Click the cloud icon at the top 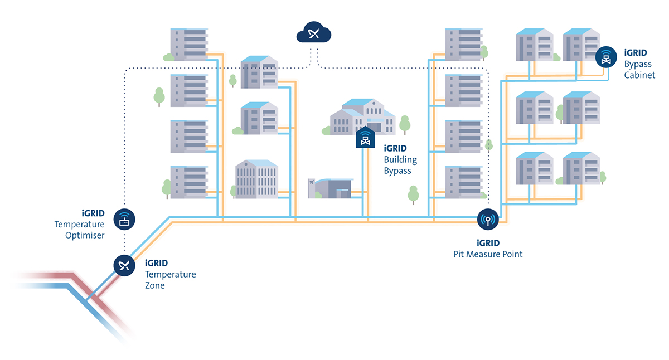pyautogui.click(x=314, y=34)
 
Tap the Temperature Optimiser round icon pyautogui.click(x=124, y=220)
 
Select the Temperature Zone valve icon pyautogui.click(x=124, y=265)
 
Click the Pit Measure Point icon pyautogui.click(x=488, y=219)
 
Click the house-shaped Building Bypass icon pyautogui.click(x=365, y=138)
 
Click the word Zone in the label pyautogui.click(x=155, y=285)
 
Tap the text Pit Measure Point pyautogui.click(x=488, y=254)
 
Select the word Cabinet pyautogui.click(x=639, y=75)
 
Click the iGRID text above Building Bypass pyautogui.click(x=395, y=149)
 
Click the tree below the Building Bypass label pyautogui.click(x=413, y=194)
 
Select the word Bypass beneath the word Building pyautogui.click(x=397, y=171)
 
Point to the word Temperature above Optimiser pyautogui.click(x=80, y=224)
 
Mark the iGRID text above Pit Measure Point pyautogui.click(x=488, y=243)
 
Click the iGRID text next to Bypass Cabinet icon pyautogui.click(x=636, y=53)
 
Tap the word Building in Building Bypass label pyautogui.click(x=400, y=160)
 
